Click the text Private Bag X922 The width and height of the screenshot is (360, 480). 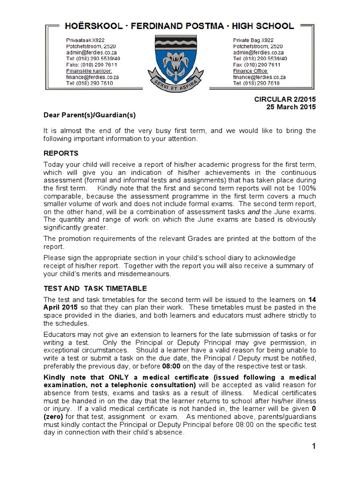pos(254,40)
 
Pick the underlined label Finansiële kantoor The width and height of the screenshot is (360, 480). pos(89,71)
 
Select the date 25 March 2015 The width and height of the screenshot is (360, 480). pos(291,106)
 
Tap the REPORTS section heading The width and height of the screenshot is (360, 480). pos(61,153)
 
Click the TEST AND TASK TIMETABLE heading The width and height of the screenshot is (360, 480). pos(95,288)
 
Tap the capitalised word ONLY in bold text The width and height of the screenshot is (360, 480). pos(122,377)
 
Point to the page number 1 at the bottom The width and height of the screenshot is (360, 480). pos(314,446)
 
